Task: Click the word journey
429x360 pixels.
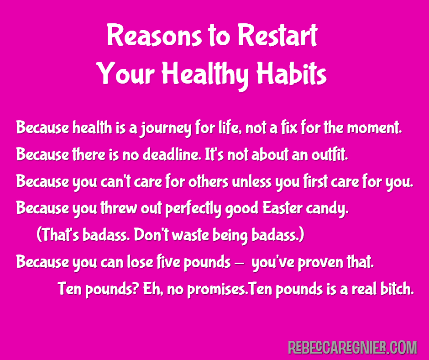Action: [x=166, y=129]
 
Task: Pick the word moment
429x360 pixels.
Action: [x=374, y=127]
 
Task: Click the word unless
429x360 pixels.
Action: [x=252, y=181]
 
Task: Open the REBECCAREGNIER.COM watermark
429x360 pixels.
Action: [x=352, y=347]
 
